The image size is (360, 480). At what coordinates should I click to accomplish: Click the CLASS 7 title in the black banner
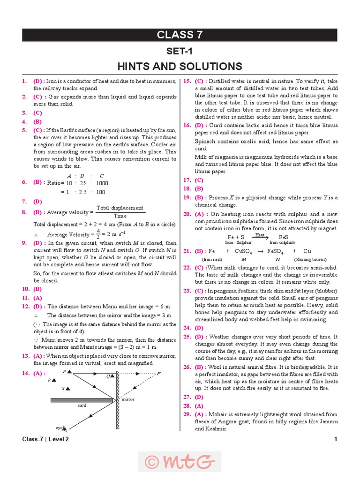coord(180,35)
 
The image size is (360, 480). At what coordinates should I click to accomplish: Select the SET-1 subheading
coord(180,51)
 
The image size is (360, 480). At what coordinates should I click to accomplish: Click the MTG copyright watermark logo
coord(180,462)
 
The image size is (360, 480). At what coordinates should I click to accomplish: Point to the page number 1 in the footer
coord(336,439)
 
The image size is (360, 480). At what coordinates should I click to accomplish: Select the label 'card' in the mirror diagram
coord(82,406)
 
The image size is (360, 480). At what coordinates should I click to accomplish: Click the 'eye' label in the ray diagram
coord(59,427)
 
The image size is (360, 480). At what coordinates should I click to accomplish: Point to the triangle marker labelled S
coord(68,389)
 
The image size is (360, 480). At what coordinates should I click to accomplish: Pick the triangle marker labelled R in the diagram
coord(54,380)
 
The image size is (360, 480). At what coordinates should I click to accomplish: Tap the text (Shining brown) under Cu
coord(310,259)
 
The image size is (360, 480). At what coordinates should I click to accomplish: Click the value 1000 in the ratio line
coord(101,183)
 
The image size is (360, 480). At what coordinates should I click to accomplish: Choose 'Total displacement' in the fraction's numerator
coord(120,208)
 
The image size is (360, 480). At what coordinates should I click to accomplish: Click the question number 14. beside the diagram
coord(26,373)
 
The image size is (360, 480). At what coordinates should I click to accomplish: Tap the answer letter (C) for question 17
coord(199,180)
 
